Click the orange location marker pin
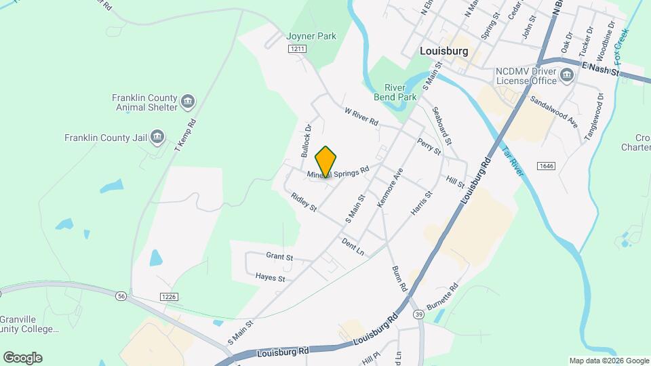pyautogui.click(x=326, y=162)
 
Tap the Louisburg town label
pyautogui.click(x=445, y=50)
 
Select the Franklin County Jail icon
pyautogui.click(x=157, y=138)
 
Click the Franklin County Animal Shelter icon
pyautogui.click(x=189, y=102)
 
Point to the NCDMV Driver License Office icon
pyautogui.click(x=567, y=75)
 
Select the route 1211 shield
pyautogui.click(x=297, y=49)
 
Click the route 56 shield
pyautogui.click(x=121, y=296)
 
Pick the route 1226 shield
pyautogui.click(x=170, y=296)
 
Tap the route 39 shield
pyautogui.click(x=419, y=314)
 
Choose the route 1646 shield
pyautogui.click(x=545, y=166)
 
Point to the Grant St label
pyautogui.click(x=279, y=257)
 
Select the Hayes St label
pyautogui.click(x=270, y=277)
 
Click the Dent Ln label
pyautogui.click(x=353, y=246)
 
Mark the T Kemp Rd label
pyautogui.click(x=184, y=136)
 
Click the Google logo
pyautogui.click(x=22, y=358)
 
